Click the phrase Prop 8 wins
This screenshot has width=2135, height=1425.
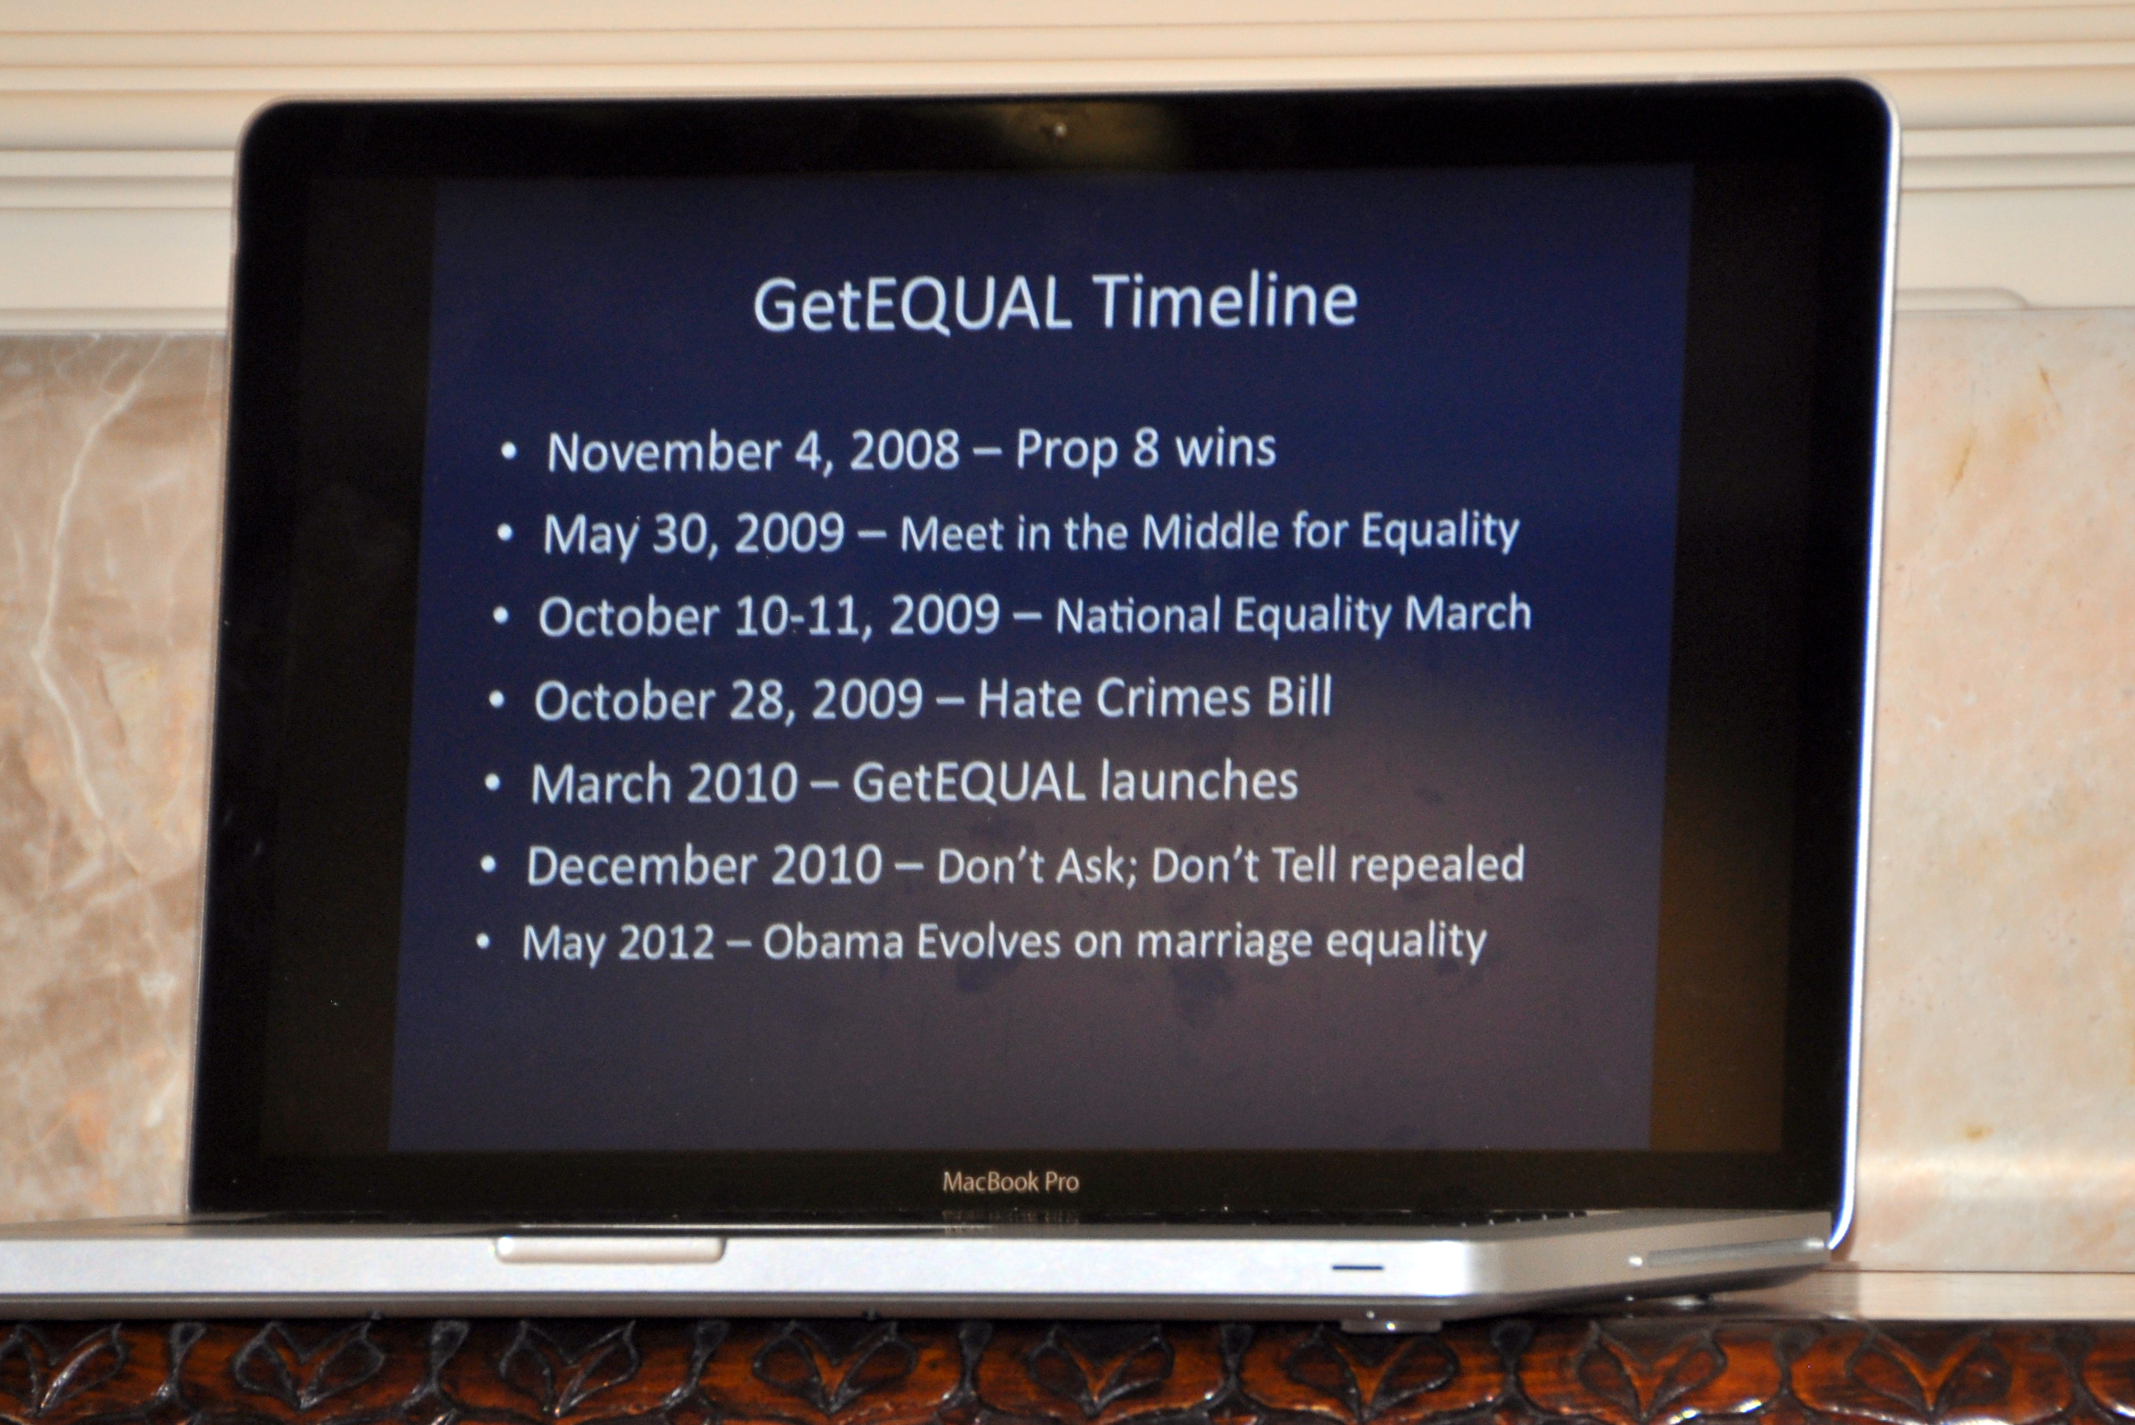[1145, 448]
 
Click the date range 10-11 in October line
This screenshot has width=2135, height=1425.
[797, 616]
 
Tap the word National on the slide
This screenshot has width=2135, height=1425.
[1138, 615]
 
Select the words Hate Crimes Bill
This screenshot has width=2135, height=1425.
[1155, 698]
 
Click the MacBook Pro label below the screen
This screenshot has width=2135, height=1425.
[1010, 1181]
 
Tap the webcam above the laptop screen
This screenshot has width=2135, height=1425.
[1058, 131]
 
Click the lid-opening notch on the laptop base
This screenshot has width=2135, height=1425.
[610, 1249]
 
